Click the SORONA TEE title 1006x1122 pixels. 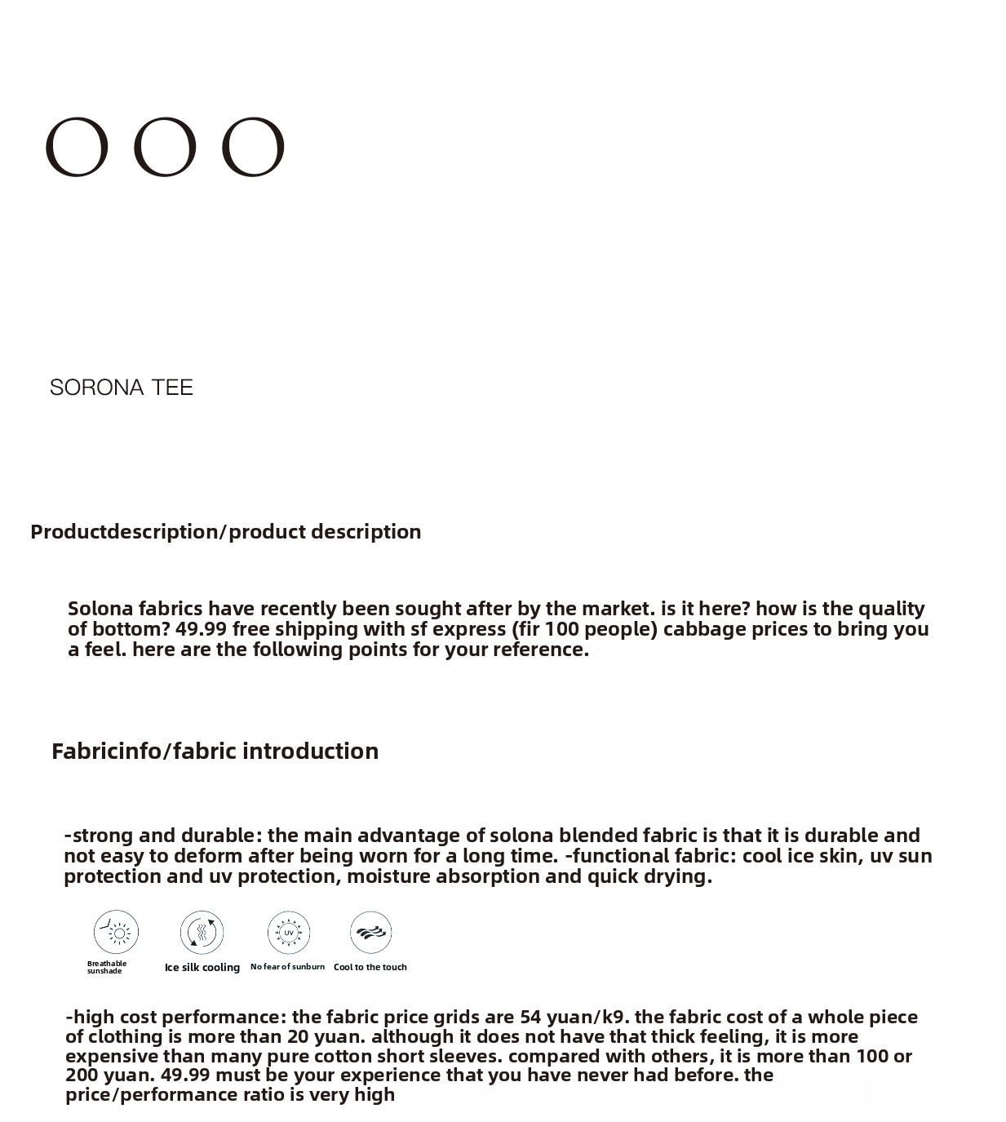tap(122, 387)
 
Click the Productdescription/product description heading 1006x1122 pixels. tap(226, 531)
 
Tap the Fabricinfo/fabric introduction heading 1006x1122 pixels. tap(215, 751)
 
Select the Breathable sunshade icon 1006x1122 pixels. tap(117, 932)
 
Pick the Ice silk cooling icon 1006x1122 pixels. tap(202, 932)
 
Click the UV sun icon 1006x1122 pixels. tap(289, 932)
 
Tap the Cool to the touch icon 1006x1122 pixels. tap(371, 932)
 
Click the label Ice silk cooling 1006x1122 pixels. tap(202, 967)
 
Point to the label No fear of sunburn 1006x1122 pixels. tap(287, 966)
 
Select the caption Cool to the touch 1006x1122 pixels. tap(370, 967)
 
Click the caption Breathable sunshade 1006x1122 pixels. tap(107, 967)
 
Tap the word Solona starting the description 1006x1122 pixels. tap(100, 609)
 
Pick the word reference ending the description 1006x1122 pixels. tap(539, 650)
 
